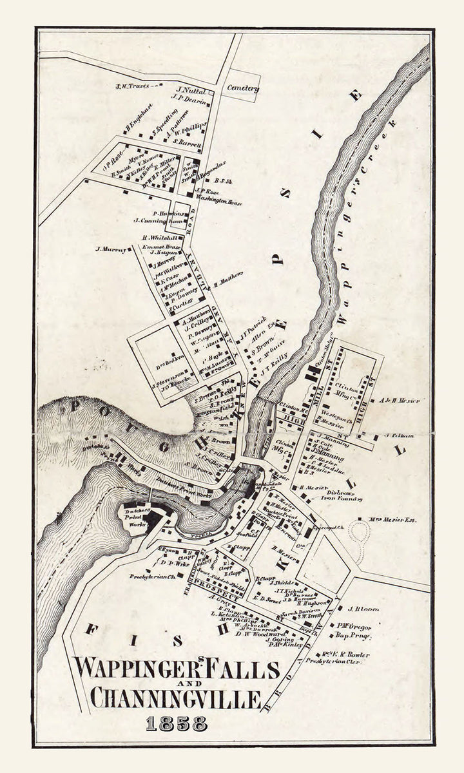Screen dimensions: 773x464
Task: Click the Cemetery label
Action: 243,88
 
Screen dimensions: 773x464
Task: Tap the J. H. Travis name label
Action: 132,86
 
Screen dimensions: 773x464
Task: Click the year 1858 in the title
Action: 176,723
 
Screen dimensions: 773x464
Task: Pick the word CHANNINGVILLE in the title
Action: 175,698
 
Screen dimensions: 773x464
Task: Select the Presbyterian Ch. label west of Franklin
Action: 153,577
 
